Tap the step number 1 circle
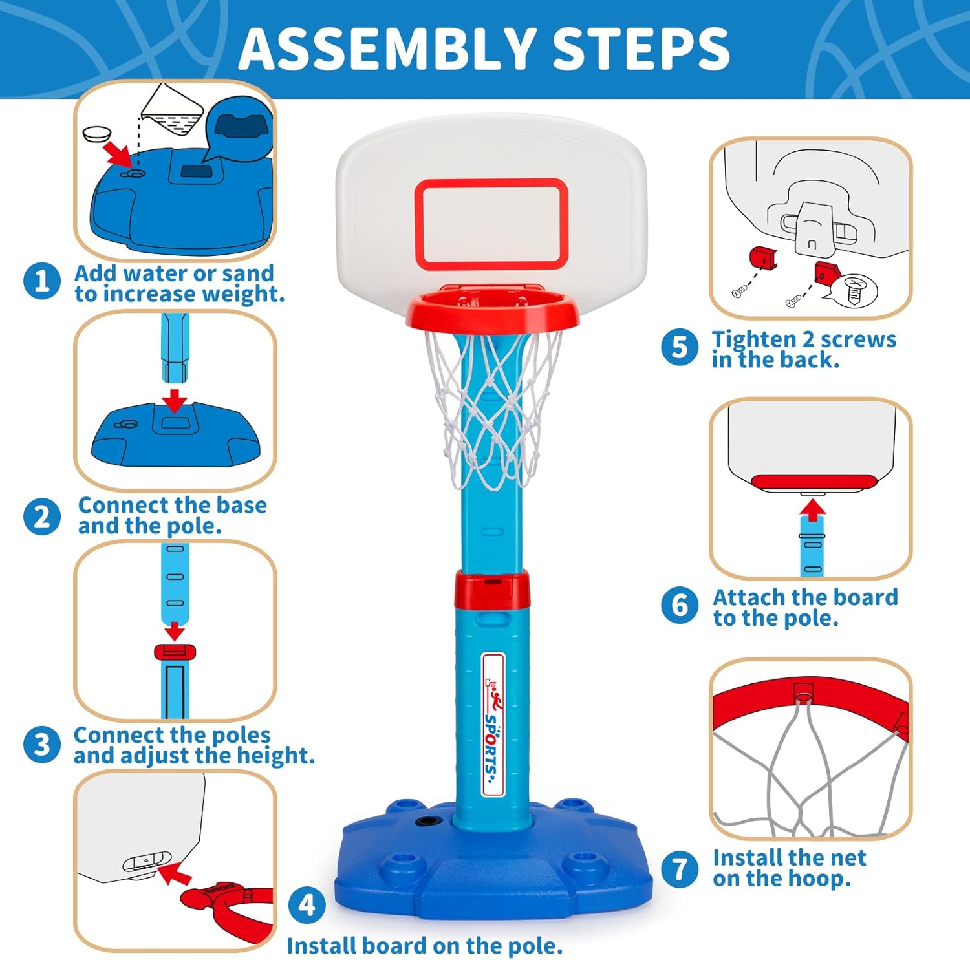[x=42, y=282]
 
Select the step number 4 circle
[x=307, y=904]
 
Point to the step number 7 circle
[x=680, y=868]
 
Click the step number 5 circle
[x=680, y=347]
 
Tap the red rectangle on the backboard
[x=491, y=224]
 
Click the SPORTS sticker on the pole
[x=493, y=725]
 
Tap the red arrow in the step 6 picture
[x=812, y=510]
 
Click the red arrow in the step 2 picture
[x=175, y=400]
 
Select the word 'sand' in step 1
[x=248, y=273]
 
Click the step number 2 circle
[x=42, y=517]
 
